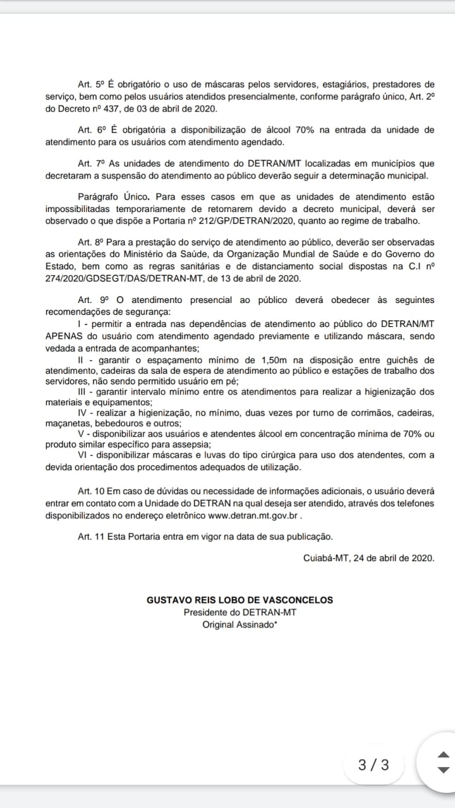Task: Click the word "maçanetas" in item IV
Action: [x=66, y=424]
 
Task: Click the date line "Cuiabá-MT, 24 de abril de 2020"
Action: [x=368, y=558]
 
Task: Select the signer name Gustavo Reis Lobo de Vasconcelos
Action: [x=240, y=600]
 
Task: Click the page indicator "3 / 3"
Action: [x=373, y=765]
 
